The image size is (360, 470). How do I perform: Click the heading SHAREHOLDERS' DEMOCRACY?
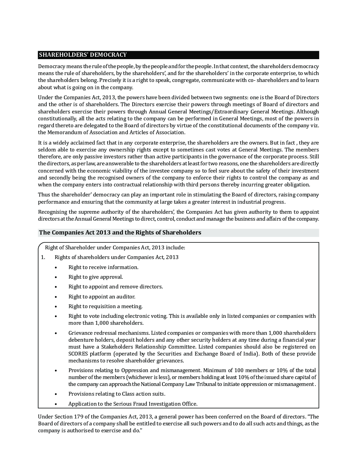tap(83, 55)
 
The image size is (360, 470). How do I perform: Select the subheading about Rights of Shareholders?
tap(120, 233)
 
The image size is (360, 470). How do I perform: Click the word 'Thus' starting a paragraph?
tap(44, 195)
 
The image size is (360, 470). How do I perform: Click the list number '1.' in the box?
tap(43, 257)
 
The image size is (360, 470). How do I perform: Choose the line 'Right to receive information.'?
tap(103, 267)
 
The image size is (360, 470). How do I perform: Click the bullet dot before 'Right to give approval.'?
tap(56, 277)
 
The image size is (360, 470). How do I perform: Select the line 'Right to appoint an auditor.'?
tap(102, 297)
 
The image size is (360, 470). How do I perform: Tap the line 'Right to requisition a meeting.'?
tap(105, 306)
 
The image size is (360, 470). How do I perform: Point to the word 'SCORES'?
tap(78, 354)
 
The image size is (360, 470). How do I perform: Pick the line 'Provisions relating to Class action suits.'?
tap(117, 394)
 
